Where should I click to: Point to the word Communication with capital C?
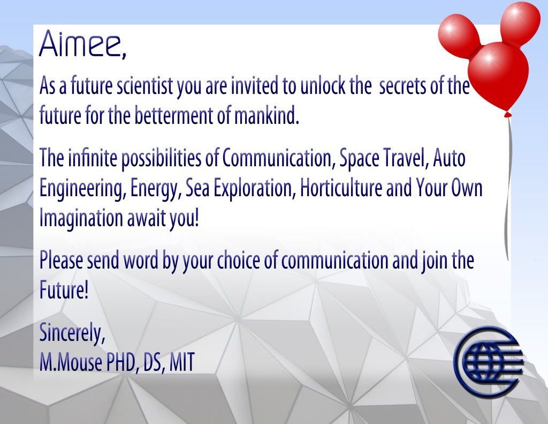[277, 158]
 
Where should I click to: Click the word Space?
[359, 159]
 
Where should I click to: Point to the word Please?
[61, 261]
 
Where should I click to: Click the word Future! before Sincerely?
[64, 290]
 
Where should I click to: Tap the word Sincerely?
[72, 332]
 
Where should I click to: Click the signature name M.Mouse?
[71, 362]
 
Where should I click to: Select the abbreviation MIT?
[182, 362]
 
